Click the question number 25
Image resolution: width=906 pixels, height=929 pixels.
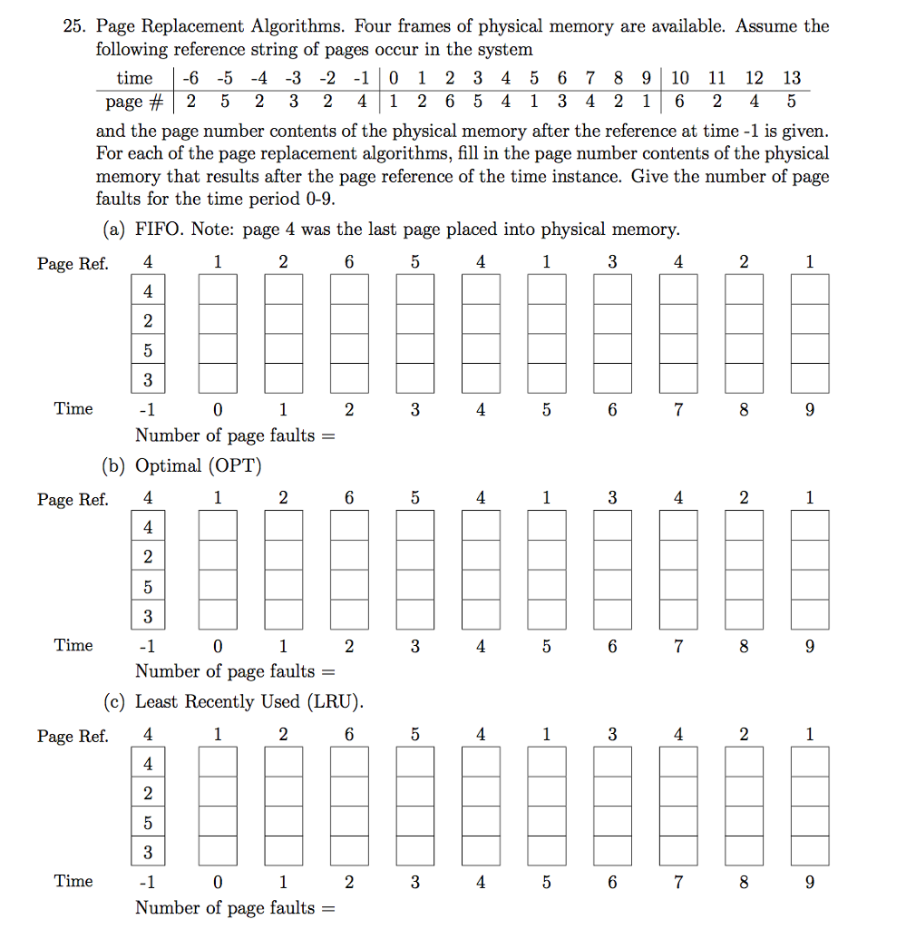73,26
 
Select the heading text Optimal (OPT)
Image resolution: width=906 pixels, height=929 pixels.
199,465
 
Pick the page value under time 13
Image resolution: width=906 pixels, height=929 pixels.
792,101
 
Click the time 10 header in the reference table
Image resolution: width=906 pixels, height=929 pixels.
680,79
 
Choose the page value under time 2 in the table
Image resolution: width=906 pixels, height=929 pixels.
450,101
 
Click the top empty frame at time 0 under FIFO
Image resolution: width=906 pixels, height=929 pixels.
218,291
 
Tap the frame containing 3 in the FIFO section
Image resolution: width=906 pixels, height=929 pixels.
148,379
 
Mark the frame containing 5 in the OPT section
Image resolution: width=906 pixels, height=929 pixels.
148,586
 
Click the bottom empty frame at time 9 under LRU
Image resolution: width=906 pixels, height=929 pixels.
810,851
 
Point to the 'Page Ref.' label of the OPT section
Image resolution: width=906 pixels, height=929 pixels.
73,500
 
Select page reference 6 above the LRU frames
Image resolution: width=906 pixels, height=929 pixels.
349,734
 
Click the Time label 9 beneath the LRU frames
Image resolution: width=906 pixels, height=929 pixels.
810,881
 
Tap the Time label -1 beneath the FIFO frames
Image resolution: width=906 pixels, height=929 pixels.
146,409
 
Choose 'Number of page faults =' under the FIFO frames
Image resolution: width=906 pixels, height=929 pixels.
235,435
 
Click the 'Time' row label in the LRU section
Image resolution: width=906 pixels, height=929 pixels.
73,881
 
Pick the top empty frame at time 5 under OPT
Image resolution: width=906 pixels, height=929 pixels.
547,526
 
